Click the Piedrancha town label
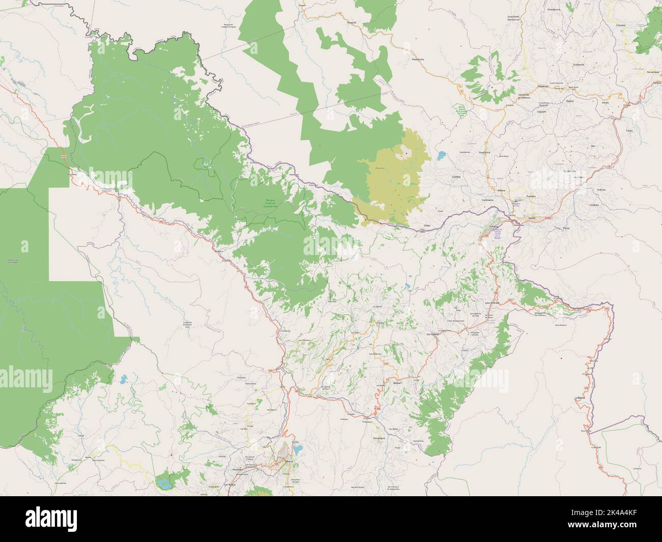pos(417,59)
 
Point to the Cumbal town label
pos(456,177)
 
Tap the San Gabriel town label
pos(431,334)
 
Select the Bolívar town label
pos(398,382)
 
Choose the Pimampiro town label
pos(377,438)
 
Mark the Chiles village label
pos(427,225)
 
